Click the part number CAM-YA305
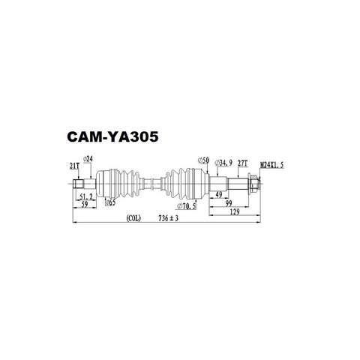(x=112, y=136)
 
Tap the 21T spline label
(x=74, y=166)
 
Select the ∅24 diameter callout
(x=88, y=159)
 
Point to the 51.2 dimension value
(x=86, y=196)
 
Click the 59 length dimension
(x=85, y=204)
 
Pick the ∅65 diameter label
(x=110, y=202)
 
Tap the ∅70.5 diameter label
(x=187, y=206)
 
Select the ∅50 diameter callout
(x=203, y=160)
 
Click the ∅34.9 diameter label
(x=223, y=163)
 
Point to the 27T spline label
(x=242, y=163)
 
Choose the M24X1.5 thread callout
(x=272, y=165)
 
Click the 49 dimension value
(x=219, y=195)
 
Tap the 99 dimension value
(x=229, y=203)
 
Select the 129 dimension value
(x=234, y=212)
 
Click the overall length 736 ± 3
(x=168, y=218)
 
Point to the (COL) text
(x=133, y=218)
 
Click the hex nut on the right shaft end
(x=254, y=184)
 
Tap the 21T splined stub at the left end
(x=78, y=184)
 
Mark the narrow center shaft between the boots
(x=151, y=184)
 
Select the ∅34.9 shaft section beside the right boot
(x=218, y=184)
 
